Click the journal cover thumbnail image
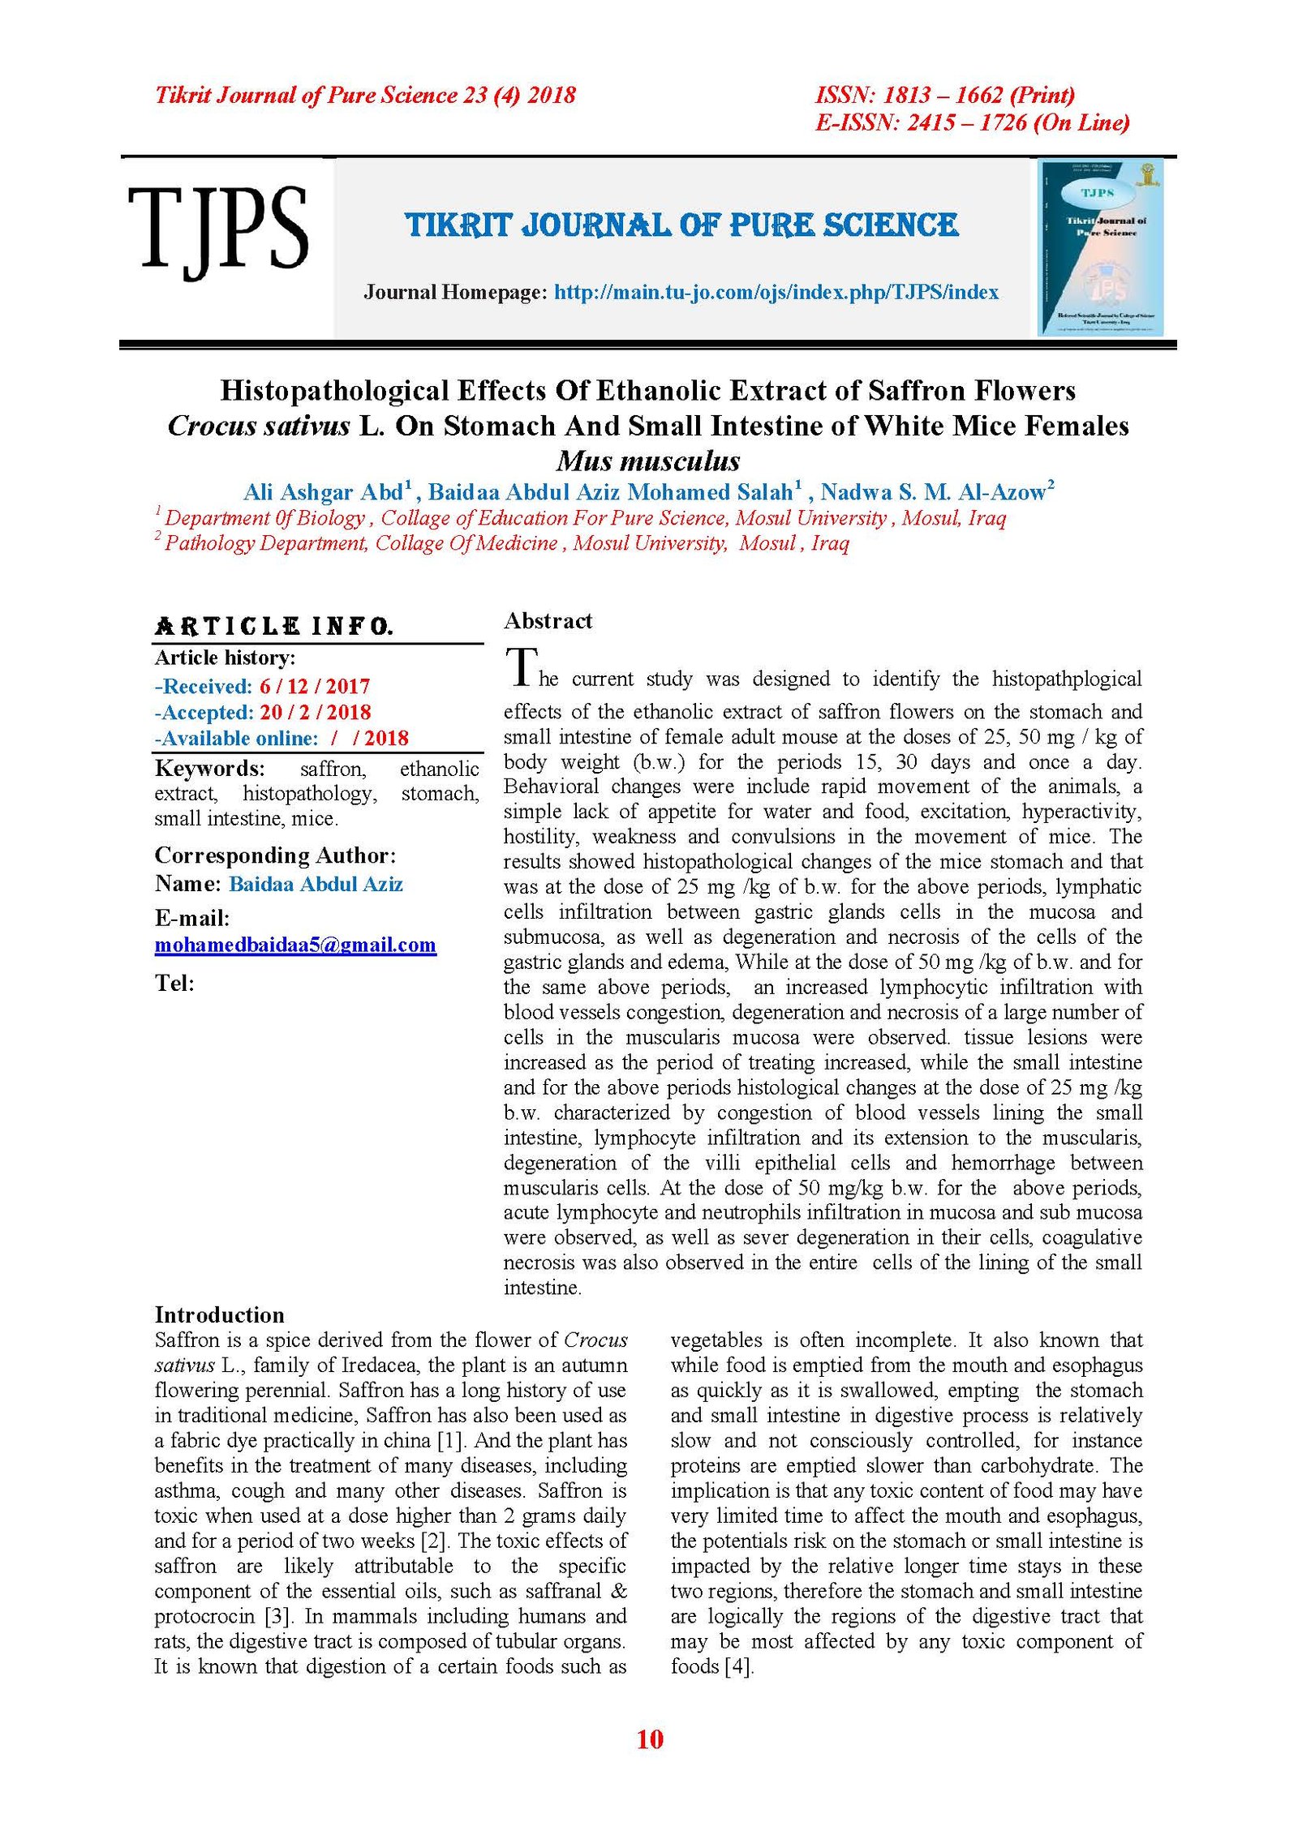point(1101,247)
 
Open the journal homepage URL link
point(776,293)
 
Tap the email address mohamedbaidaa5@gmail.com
point(295,945)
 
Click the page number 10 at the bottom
point(650,1739)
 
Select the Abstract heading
point(548,621)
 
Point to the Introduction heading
point(219,1314)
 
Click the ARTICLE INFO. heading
point(273,626)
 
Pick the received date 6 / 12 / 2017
point(315,687)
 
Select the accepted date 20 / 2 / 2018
point(315,713)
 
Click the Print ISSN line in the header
point(944,96)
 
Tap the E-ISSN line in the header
point(972,123)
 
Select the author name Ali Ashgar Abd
point(323,492)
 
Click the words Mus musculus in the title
point(648,461)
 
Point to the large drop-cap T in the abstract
point(521,667)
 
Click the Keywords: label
point(209,768)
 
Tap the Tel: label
point(174,984)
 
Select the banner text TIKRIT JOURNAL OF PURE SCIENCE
point(681,225)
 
